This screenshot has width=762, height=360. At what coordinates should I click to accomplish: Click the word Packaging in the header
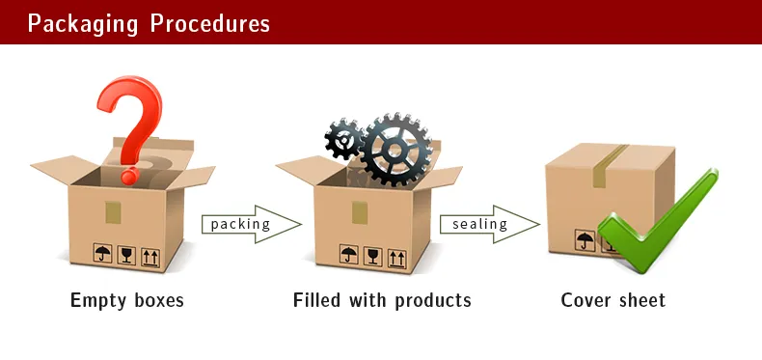click(83, 23)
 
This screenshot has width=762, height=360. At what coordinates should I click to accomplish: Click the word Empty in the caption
click(98, 300)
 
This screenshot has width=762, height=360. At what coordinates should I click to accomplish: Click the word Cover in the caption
click(587, 300)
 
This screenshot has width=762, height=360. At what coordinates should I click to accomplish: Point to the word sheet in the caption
click(641, 300)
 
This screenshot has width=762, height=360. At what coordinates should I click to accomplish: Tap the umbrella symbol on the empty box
click(102, 255)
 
